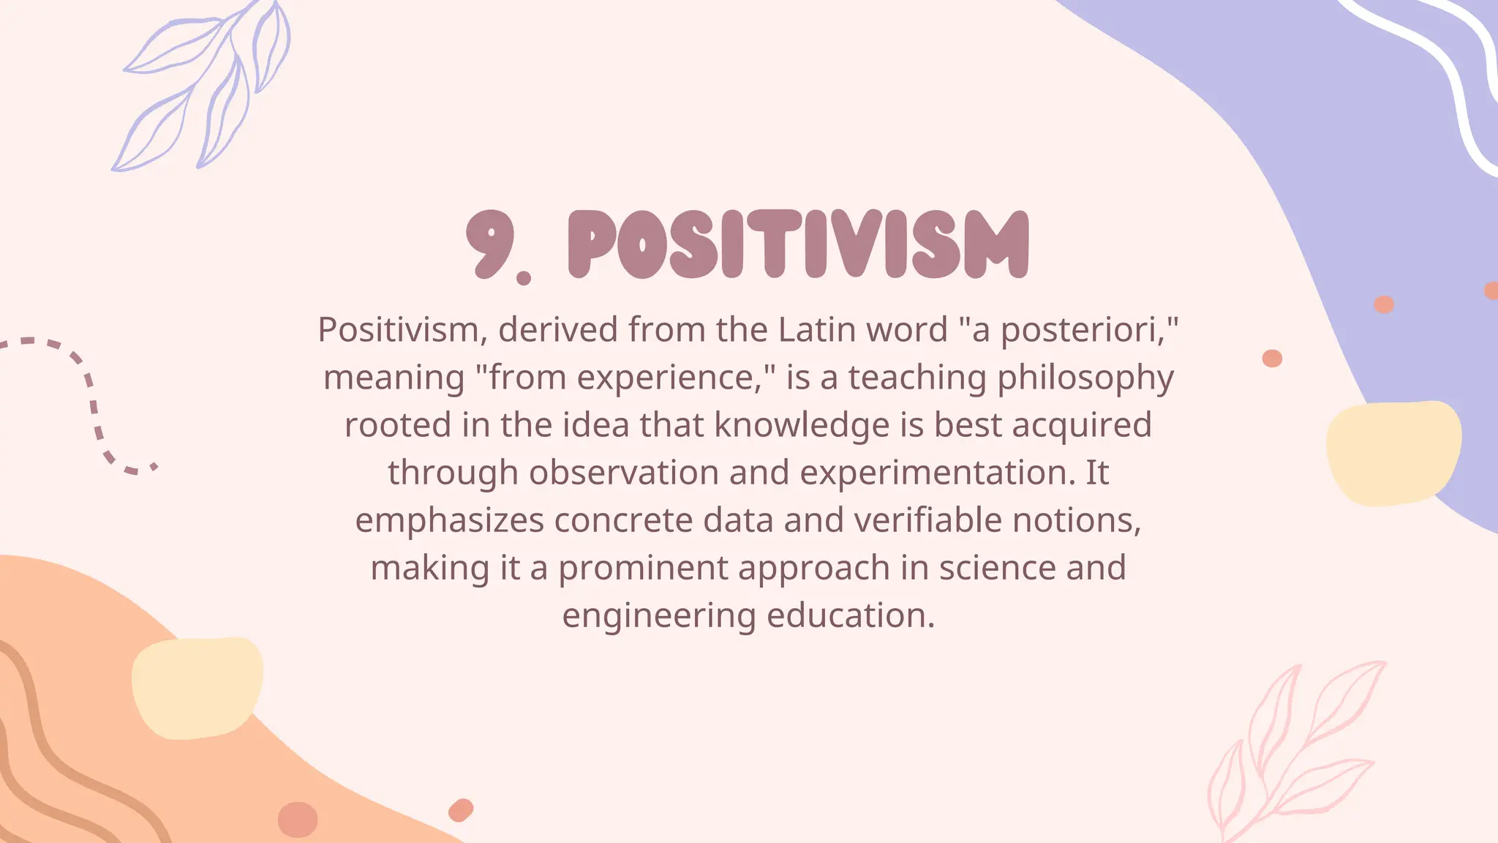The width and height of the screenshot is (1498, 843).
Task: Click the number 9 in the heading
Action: click(x=489, y=243)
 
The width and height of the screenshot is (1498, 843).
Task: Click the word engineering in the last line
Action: click(x=658, y=616)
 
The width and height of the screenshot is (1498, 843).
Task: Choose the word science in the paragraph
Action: click(x=997, y=568)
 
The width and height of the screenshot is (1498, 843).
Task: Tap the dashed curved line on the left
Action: click(x=91, y=395)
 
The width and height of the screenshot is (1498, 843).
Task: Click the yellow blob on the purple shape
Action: click(x=1393, y=452)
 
